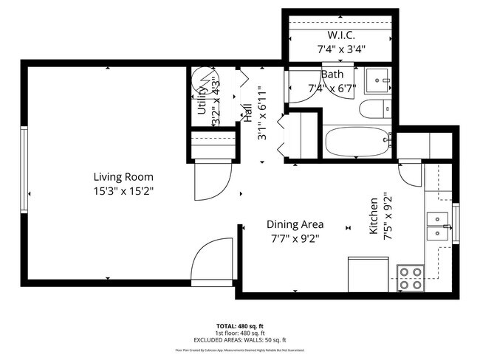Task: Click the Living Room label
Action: (123, 176)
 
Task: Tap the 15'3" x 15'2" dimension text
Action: (123, 190)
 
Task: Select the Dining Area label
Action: (295, 224)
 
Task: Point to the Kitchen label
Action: (374, 216)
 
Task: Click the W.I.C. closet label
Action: (341, 35)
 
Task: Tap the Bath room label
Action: (331, 74)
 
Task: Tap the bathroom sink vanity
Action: (380, 79)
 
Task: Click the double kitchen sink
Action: (439, 226)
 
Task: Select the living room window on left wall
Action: (24, 169)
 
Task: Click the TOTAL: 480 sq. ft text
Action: (240, 325)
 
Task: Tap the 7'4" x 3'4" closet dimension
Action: (341, 50)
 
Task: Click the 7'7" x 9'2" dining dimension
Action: (295, 238)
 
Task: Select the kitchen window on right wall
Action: (456, 224)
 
